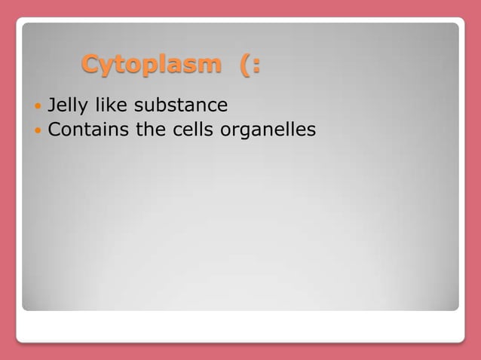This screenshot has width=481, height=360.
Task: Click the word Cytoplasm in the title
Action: [151, 65]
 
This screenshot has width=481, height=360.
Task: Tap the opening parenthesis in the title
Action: [246, 65]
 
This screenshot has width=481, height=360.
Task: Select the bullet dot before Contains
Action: [38, 131]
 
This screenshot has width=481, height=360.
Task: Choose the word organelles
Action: [268, 131]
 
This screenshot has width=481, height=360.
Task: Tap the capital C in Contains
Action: [54, 130]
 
